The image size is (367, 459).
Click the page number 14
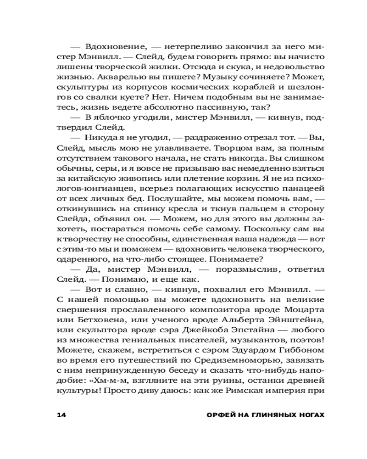coord(61,415)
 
